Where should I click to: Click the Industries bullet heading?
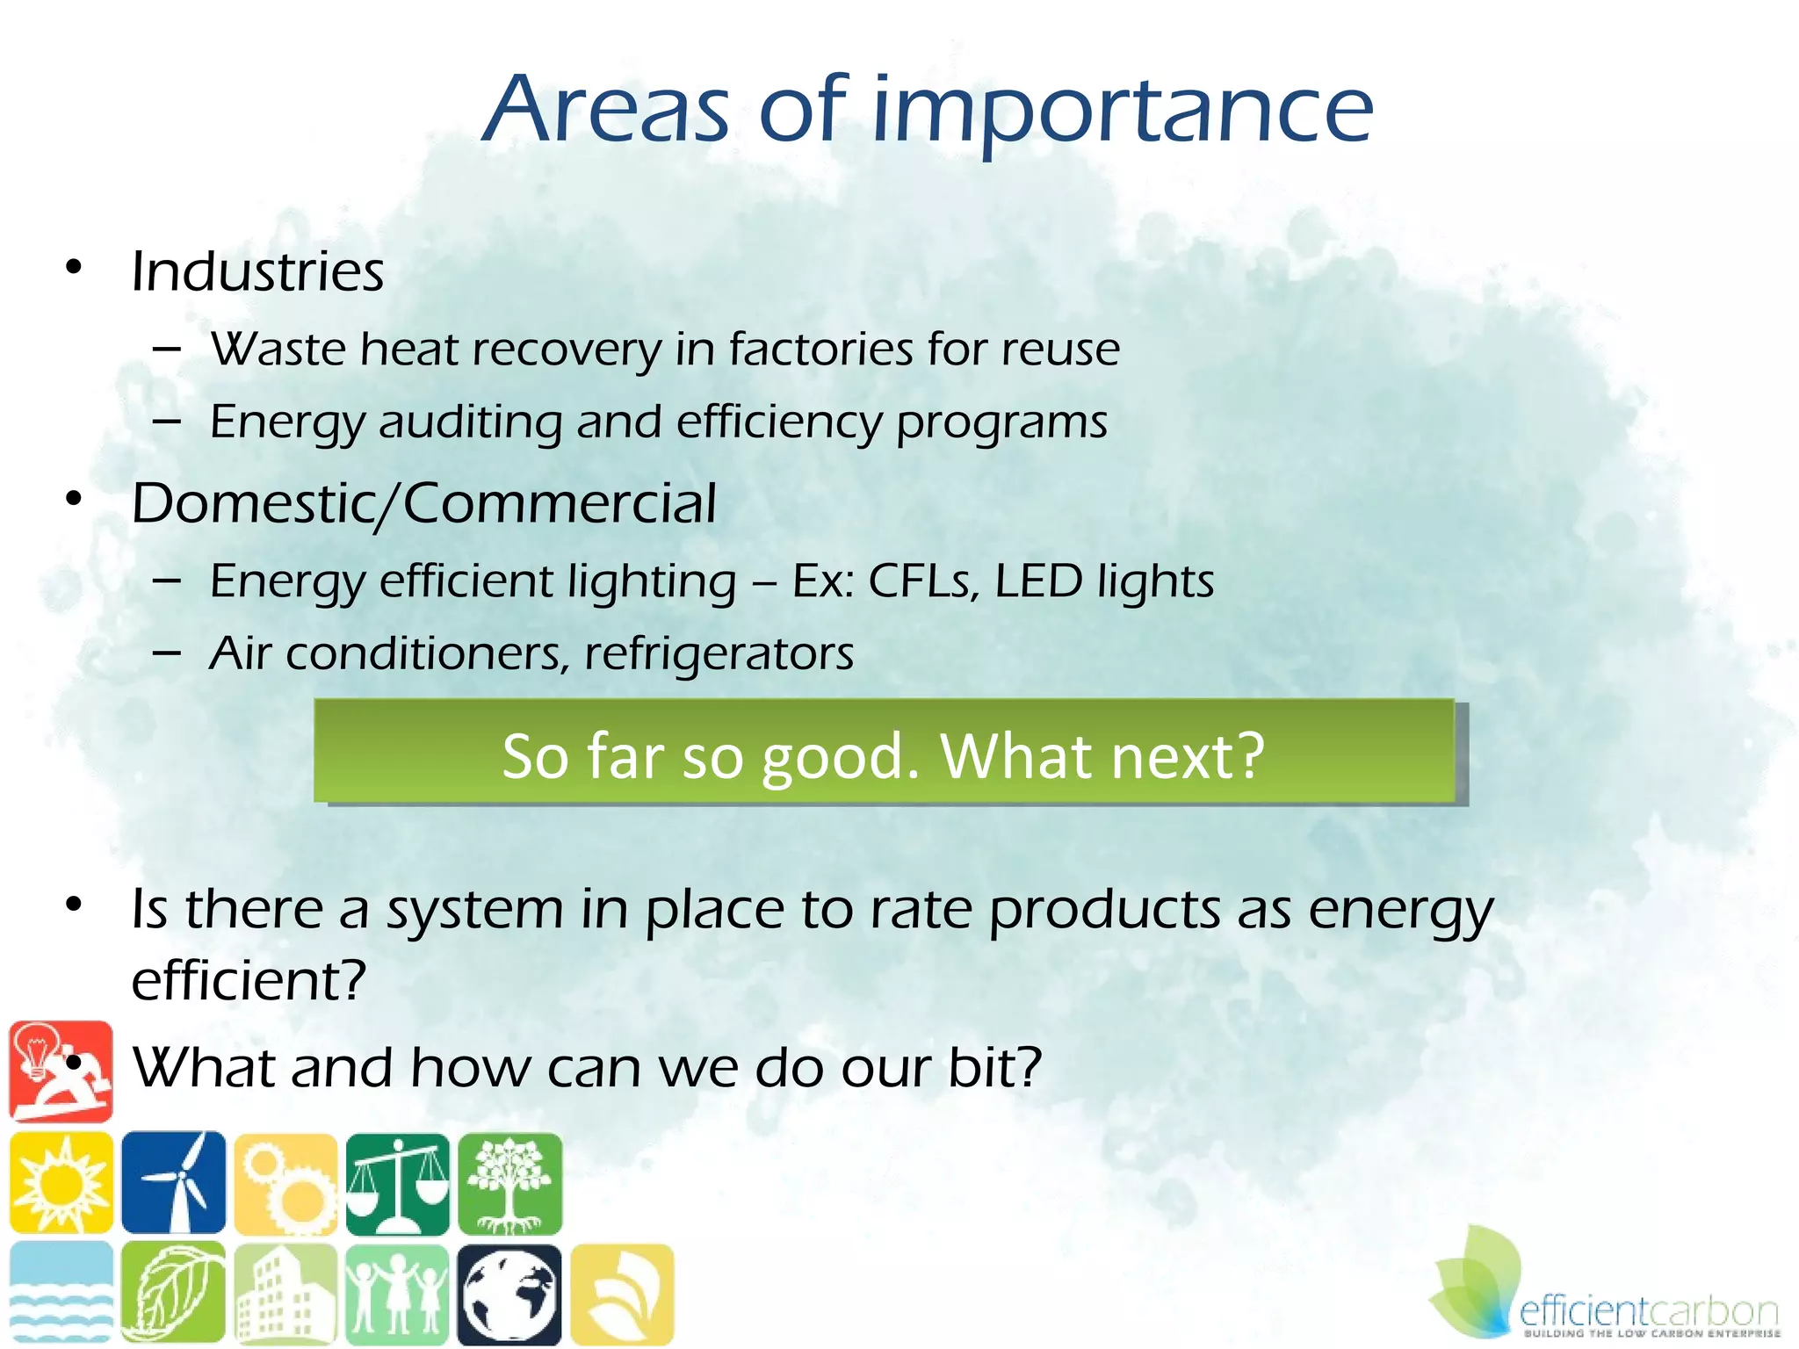tap(257, 271)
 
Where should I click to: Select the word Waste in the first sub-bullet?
tap(279, 349)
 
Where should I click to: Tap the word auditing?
tap(470, 422)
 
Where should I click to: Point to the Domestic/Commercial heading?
tap(423, 504)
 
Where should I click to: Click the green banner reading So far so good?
tap(884, 754)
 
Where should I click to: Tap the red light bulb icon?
tap(61, 1071)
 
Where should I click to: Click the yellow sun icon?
tap(61, 1182)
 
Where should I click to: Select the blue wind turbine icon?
tap(174, 1182)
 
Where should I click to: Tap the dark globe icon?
tap(509, 1295)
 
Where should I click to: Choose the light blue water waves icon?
tap(61, 1293)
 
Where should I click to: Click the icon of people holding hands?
tap(397, 1295)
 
